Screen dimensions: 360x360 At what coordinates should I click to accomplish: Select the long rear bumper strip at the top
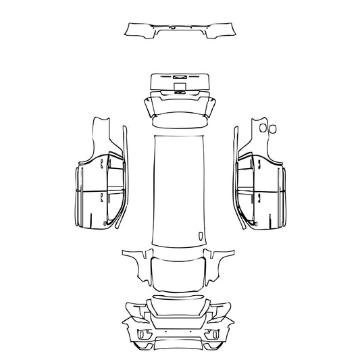(x=180, y=29)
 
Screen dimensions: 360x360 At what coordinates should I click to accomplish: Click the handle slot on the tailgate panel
(x=180, y=76)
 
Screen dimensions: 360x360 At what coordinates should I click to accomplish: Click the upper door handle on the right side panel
(x=258, y=161)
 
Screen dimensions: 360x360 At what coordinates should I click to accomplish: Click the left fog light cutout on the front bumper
(x=143, y=334)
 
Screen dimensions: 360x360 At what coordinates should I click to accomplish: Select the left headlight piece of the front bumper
(x=139, y=313)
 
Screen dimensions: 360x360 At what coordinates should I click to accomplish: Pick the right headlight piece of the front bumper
(x=220, y=313)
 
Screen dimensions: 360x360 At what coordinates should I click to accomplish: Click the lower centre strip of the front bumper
(x=180, y=344)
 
